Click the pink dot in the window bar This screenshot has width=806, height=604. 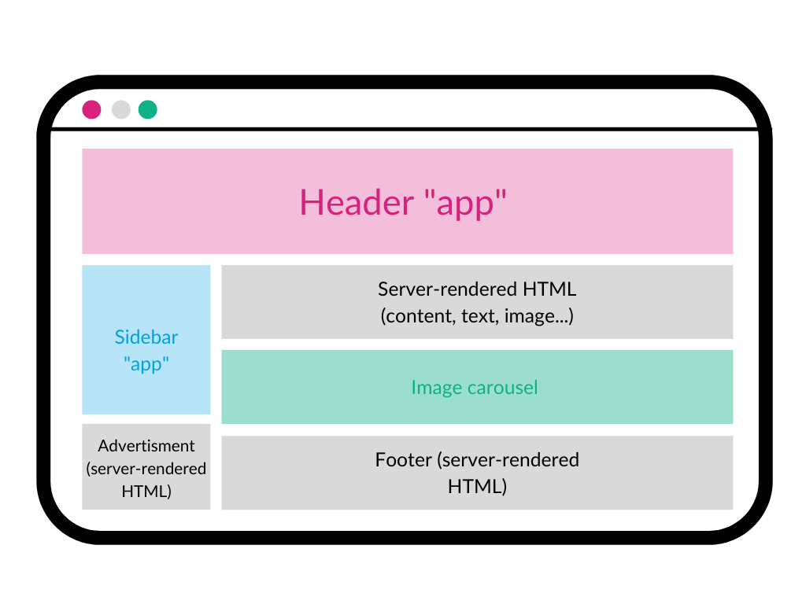(x=91, y=109)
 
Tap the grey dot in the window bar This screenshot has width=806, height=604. (x=120, y=109)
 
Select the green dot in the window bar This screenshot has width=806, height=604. (x=148, y=109)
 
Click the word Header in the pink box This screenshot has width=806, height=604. (x=357, y=202)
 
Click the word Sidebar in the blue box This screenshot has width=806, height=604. (x=146, y=337)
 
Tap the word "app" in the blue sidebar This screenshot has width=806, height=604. (x=146, y=365)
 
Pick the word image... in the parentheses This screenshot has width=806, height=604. (x=542, y=316)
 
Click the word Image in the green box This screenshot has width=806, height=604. (x=433, y=387)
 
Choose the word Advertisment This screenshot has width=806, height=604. (x=146, y=446)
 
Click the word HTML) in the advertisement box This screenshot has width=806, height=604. (x=146, y=492)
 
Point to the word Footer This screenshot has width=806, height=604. (x=403, y=459)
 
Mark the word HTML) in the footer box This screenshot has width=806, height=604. (x=477, y=487)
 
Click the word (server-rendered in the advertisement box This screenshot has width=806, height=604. (x=146, y=469)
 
